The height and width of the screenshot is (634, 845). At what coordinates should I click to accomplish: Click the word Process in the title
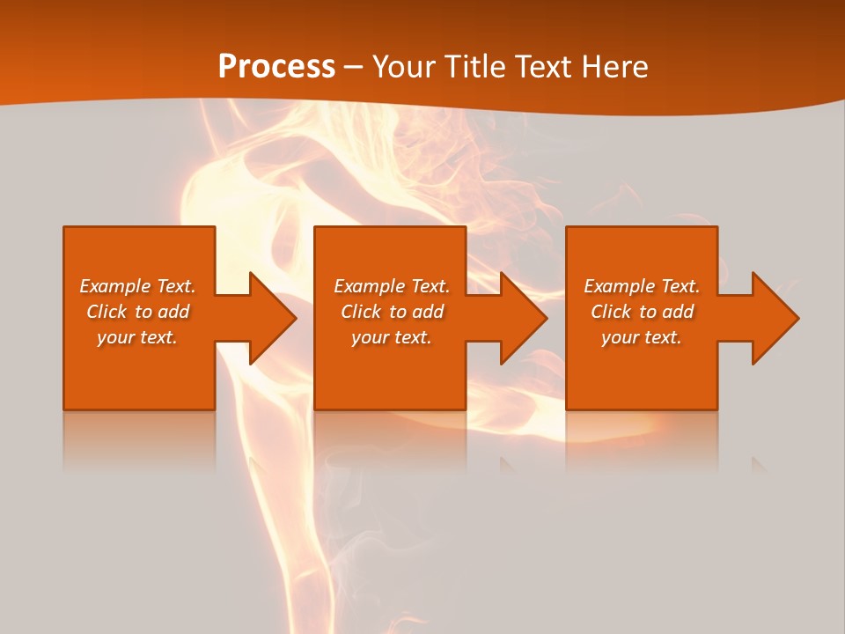(276, 67)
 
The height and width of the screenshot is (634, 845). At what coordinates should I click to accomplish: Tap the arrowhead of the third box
(774, 318)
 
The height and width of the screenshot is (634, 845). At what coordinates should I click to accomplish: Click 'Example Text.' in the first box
(137, 286)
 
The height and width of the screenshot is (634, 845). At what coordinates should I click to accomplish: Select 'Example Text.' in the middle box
(392, 286)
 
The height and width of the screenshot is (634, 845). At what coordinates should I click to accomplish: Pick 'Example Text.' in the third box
(642, 286)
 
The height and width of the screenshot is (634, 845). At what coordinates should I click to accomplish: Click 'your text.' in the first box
(137, 337)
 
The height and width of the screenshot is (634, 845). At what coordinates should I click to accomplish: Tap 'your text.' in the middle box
(392, 337)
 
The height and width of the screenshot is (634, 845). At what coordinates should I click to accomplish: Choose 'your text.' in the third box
(642, 337)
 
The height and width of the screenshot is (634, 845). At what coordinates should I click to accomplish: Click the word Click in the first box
(107, 312)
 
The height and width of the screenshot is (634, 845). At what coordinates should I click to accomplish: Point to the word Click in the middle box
(361, 312)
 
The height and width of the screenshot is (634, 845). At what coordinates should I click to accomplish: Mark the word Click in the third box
(611, 312)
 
